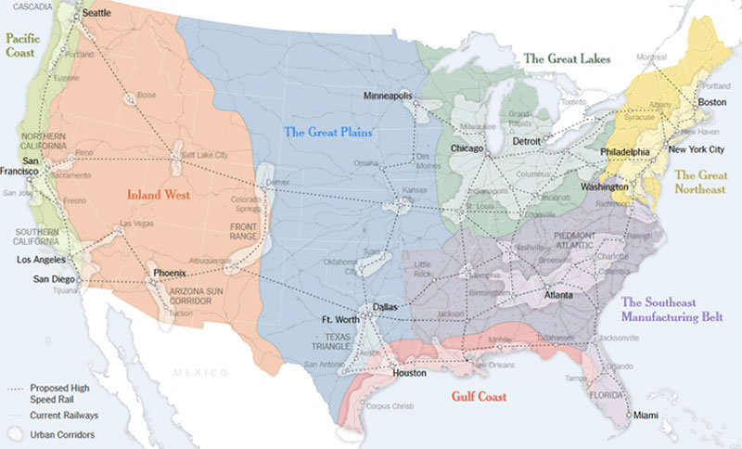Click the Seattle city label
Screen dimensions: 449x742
(96, 15)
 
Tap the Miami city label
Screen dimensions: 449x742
(646, 416)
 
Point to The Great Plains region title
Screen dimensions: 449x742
(327, 133)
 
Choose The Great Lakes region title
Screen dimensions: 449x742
(567, 58)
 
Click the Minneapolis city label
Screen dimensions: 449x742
(388, 96)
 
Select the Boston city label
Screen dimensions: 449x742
(711, 102)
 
